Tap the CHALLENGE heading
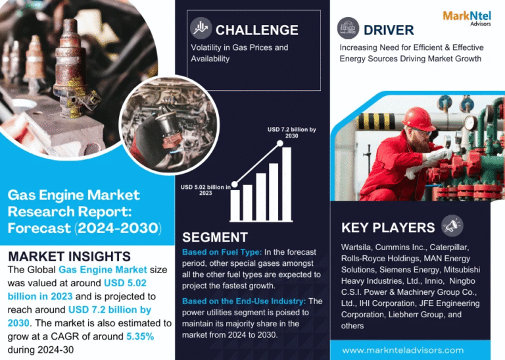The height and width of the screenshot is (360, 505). point(256,30)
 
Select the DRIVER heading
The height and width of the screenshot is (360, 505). point(389,30)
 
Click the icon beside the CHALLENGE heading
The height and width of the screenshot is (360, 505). point(201,28)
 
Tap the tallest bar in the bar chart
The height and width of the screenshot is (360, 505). point(287,184)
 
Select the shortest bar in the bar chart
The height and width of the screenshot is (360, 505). point(235,205)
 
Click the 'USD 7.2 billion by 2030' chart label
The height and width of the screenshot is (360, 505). point(292,132)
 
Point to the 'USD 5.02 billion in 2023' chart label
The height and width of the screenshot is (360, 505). point(206,190)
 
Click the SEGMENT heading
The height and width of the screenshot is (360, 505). point(215,238)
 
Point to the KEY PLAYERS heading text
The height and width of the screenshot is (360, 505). point(388,228)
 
